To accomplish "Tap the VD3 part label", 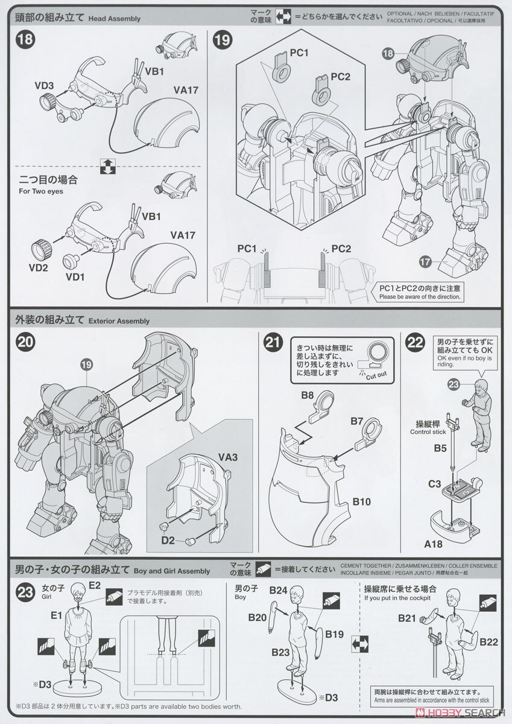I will pos(45,86).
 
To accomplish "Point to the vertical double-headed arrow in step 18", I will pos(107,166).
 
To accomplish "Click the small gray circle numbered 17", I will pos(425,261).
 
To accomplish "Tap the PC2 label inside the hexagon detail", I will pos(340,77).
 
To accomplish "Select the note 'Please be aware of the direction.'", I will pos(420,296).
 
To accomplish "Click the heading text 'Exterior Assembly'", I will pos(118,321).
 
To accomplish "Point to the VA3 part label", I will pos(230,457).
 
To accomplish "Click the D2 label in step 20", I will pos(167,541).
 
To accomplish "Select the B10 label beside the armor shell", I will pos(362,502).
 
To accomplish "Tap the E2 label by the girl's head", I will pos(95,585).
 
